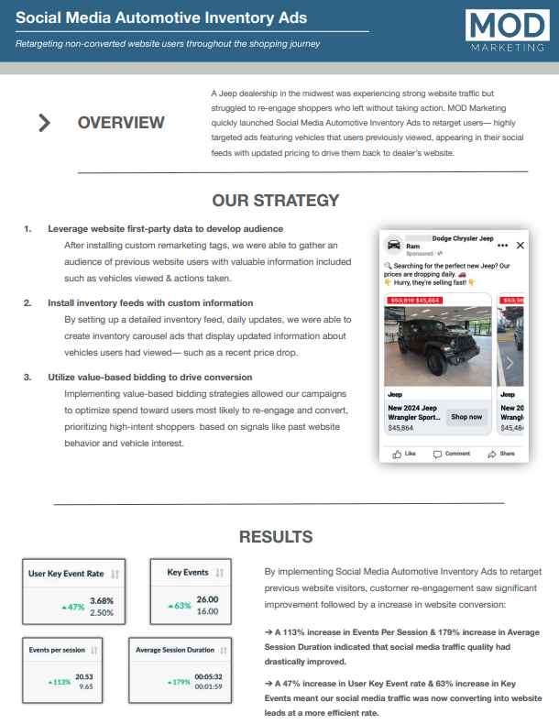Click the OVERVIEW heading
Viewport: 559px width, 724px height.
[x=121, y=123]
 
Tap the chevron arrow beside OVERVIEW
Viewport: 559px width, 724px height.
[x=44, y=123]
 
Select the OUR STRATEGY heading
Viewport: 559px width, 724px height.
[x=275, y=200]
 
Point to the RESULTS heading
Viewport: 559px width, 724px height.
[x=275, y=537]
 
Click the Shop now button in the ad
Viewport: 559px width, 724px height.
[x=466, y=417]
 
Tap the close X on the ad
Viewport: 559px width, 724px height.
[x=521, y=246]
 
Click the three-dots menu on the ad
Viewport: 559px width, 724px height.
[x=502, y=246]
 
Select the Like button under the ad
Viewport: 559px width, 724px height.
[x=404, y=454]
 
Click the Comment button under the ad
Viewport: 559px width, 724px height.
[x=452, y=454]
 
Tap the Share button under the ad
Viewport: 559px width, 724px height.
[x=501, y=454]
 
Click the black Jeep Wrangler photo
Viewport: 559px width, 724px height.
[x=438, y=346]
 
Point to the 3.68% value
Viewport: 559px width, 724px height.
[x=101, y=601]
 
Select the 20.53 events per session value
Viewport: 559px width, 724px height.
[x=84, y=675]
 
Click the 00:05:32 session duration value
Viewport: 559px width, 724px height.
[x=207, y=675]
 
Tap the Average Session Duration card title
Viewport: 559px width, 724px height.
[x=174, y=650]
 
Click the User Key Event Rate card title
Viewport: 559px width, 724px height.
[x=66, y=574]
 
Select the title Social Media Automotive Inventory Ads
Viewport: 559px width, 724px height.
[x=161, y=18]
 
